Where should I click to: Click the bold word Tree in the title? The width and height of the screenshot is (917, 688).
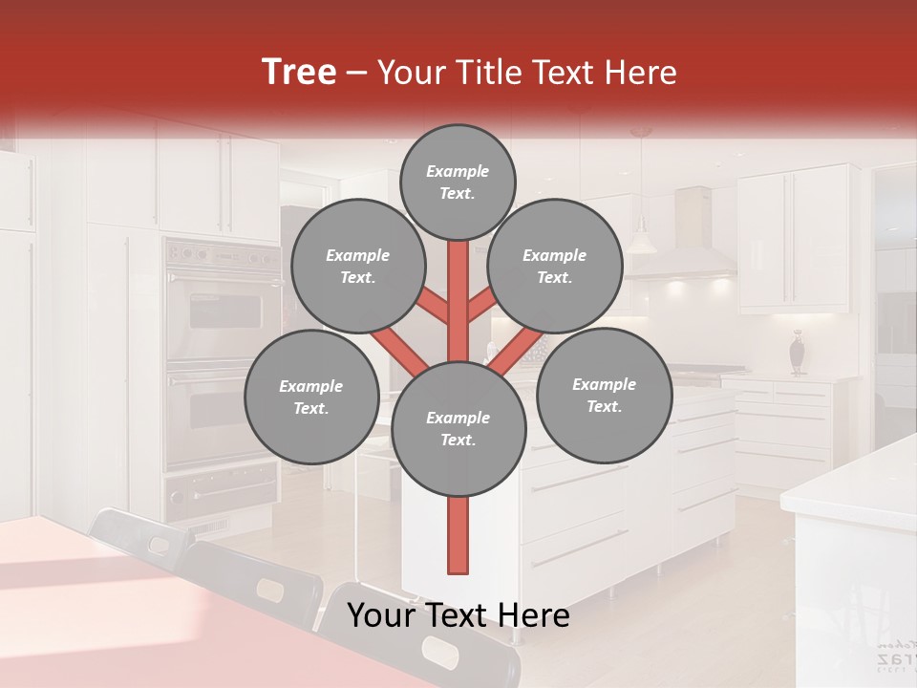299,72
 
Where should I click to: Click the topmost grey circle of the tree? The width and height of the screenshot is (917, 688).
458,182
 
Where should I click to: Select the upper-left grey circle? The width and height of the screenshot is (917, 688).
357,266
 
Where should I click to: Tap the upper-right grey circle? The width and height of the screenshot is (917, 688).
555,266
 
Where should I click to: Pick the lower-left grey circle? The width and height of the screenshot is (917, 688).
311,397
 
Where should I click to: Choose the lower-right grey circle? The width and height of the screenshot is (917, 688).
604,395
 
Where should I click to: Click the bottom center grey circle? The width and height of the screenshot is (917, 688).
458,428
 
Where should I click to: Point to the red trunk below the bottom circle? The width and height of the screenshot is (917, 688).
458,535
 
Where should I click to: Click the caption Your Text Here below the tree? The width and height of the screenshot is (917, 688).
458,616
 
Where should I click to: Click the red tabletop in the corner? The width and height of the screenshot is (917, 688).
115,592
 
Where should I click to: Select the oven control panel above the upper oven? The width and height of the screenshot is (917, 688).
223,255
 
